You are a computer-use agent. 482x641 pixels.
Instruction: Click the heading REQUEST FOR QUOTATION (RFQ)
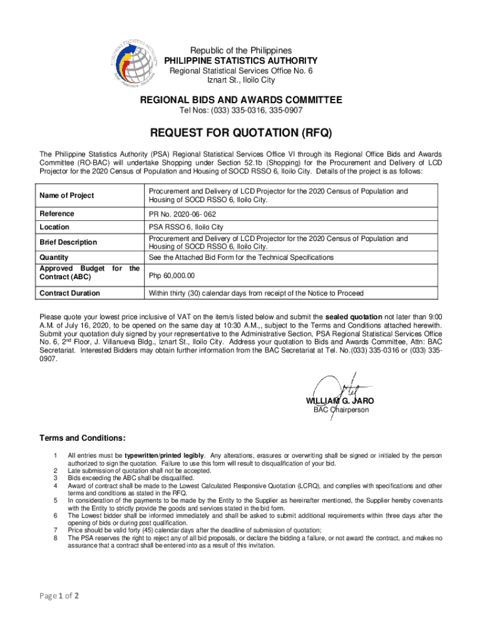[240, 133]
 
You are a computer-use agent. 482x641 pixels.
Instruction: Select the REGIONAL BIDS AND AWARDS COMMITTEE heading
[240, 100]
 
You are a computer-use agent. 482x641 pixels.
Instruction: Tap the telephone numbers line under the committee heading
[241, 111]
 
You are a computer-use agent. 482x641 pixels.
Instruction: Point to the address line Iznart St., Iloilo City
[241, 80]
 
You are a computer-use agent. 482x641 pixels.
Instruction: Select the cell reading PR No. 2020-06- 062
[182, 215]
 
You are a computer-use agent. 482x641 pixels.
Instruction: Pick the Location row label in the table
[54, 227]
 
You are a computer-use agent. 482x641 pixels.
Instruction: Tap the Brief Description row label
[68, 242]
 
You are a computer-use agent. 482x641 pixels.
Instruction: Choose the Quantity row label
[54, 257]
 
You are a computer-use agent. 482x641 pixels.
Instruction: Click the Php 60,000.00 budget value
[172, 275]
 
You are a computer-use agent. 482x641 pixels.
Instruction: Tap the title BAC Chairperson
[341, 410]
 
